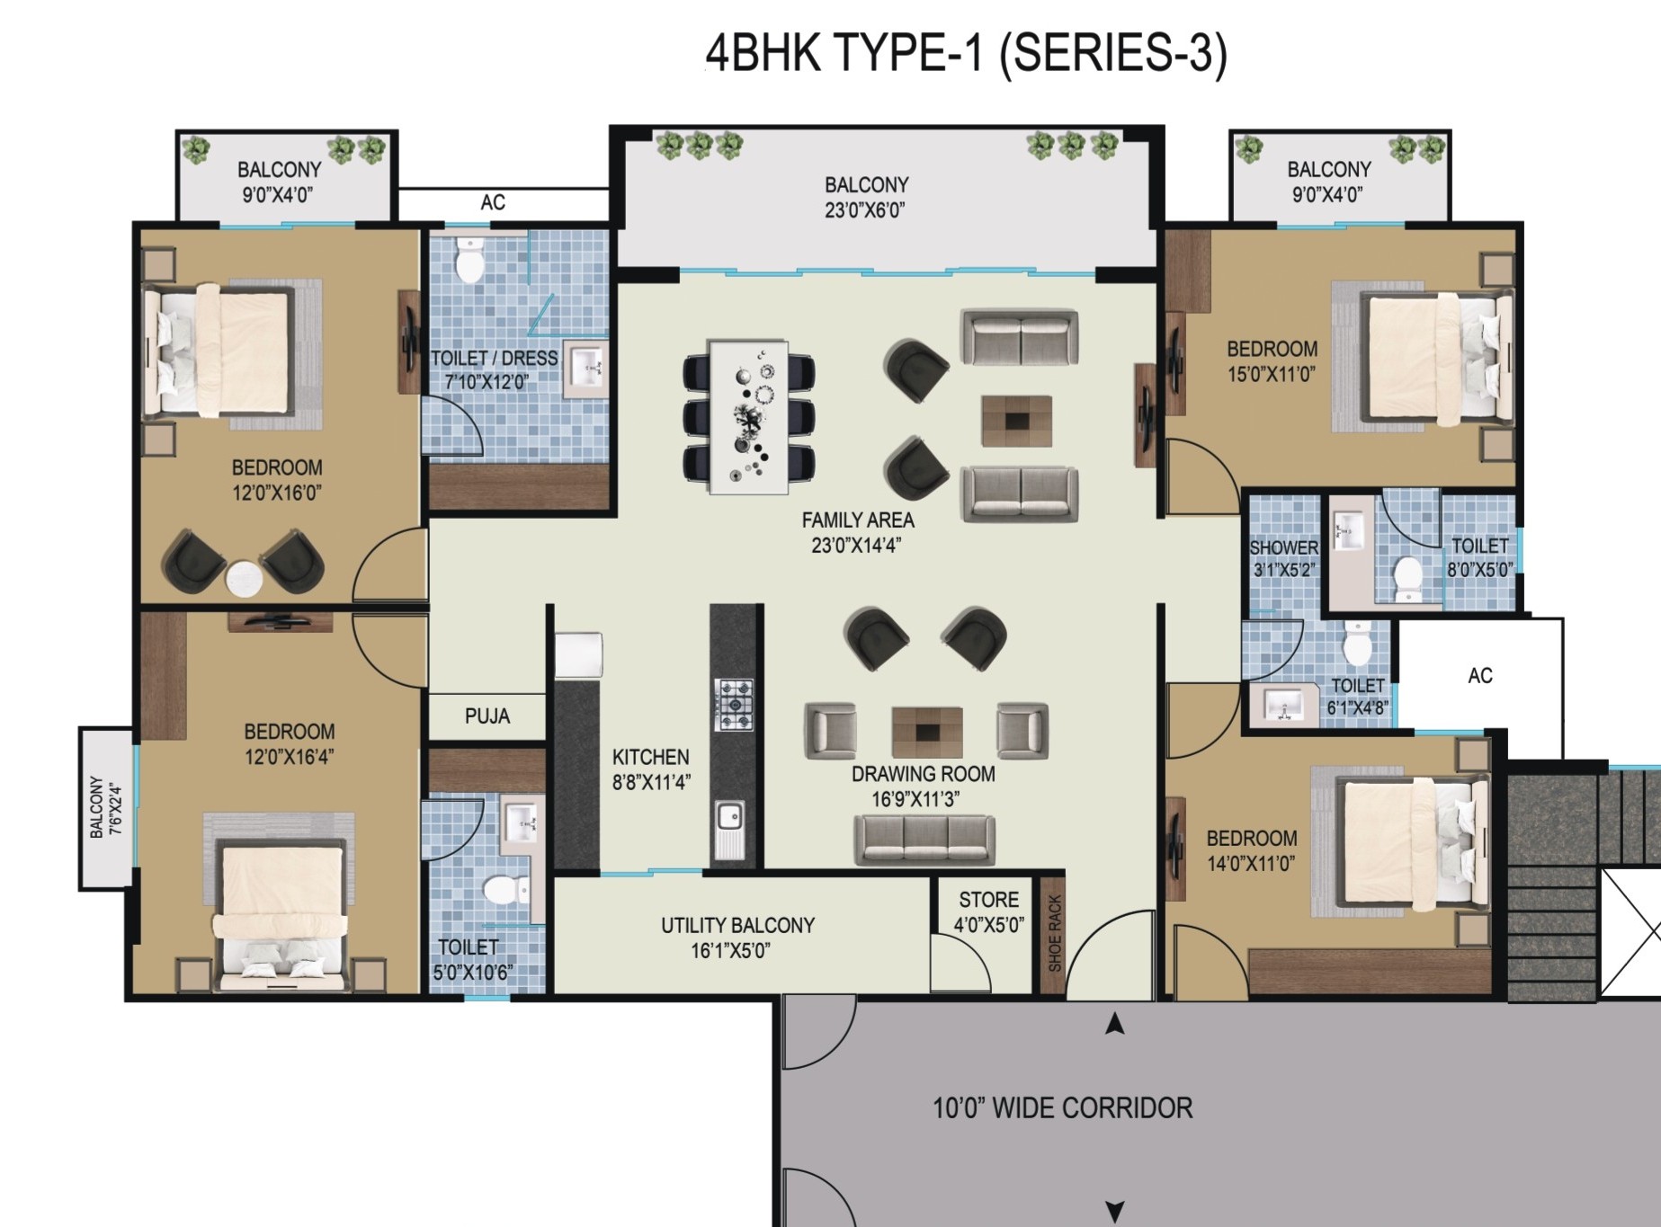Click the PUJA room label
[x=487, y=716]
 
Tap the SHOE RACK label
[x=1055, y=933]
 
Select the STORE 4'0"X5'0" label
[x=988, y=911]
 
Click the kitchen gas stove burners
[x=734, y=705]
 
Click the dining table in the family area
[x=748, y=416]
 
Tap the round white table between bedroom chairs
[x=244, y=578]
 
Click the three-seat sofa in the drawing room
[x=924, y=840]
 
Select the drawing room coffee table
[x=927, y=732]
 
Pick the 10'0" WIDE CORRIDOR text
[x=1063, y=1108]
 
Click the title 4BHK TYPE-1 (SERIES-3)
[x=966, y=54]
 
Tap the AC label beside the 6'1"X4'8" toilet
[x=1480, y=675]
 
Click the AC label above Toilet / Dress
[x=493, y=202]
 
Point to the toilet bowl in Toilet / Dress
[x=469, y=260]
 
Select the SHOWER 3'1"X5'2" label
[x=1283, y=558]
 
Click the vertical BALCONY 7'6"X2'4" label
[x=104, y=807]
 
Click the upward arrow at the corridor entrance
[x=1115, y=1024]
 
